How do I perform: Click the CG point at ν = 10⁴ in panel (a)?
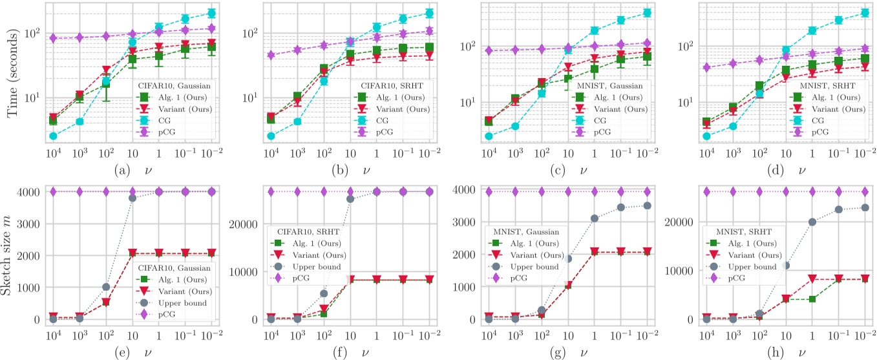[53, 136]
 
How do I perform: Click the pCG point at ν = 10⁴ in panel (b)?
[271, 56]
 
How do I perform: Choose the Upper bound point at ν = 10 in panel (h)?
[787, 266]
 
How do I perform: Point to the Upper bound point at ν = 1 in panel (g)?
[595, 218]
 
